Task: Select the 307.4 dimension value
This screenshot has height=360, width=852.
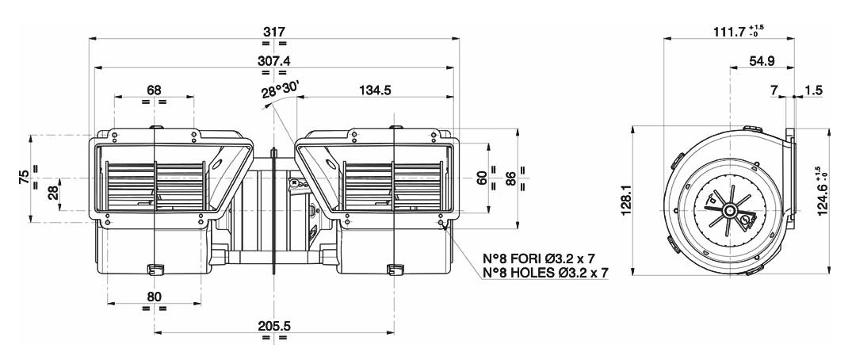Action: coord(274,60)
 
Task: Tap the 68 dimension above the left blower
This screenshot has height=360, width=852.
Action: coord(155,90)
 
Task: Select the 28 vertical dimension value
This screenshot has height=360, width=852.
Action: coord(52,193)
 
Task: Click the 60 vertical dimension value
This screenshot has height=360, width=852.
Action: coord(482,178)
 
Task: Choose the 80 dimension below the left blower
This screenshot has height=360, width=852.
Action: coord(155,297)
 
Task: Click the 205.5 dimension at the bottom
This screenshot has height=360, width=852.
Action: coord(274,326)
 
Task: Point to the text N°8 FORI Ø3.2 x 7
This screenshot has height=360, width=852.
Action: coord(545,259)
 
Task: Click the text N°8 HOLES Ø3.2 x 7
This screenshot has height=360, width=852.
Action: coord(545,273)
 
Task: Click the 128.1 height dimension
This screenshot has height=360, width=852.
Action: coord(626,200)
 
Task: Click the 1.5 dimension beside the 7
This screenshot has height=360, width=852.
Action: coord(812,90)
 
